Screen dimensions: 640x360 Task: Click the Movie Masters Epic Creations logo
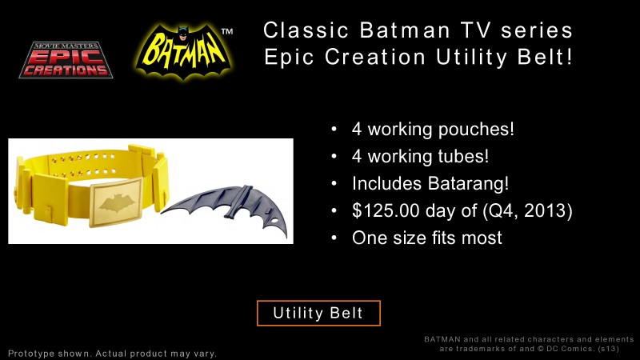click(x=66, y=59)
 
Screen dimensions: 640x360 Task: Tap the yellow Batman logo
click(x=184, y=51)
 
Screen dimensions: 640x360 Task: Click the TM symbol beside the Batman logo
click(x=227, y=31)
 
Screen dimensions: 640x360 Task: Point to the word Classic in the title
click(x=306, y=30)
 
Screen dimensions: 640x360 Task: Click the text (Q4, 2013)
click(x=527, y=210)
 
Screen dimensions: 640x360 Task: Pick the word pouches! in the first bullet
click(x=476, y=130)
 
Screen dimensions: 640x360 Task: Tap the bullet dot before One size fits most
click(x=334, y=238)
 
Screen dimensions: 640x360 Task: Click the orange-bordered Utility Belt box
click(x=318, y=313)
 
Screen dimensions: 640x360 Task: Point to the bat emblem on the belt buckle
click(x=116, y=202)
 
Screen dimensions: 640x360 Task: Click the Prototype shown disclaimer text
click(x=112, y=353)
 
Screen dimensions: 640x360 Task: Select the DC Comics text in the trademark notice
click(x=570, y=349)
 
